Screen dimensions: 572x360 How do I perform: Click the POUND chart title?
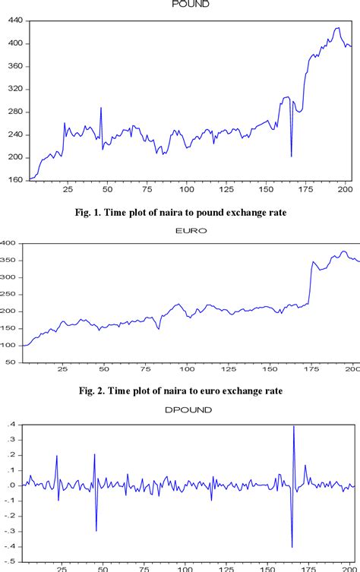(x=191, y=4)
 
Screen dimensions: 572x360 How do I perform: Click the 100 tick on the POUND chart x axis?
(x=186, y=188)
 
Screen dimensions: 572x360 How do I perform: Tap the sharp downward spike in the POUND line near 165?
(x=292, y=156)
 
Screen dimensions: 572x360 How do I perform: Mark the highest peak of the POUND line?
(x=338, y=28)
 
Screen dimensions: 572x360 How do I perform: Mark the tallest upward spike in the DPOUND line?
(x=293, y=427)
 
